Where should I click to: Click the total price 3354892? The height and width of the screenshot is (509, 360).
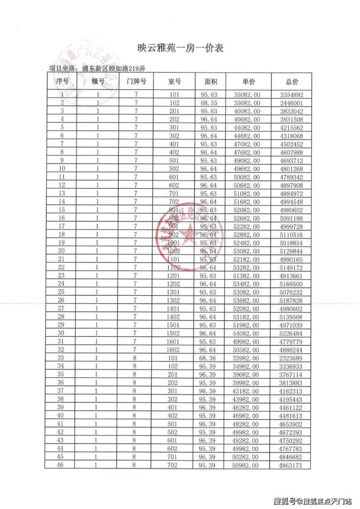coord(292,94)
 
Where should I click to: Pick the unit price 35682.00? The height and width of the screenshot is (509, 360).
coord(249,103)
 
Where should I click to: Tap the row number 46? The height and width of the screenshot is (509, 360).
coord(61,465)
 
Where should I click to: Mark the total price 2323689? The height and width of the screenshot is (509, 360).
coord(292,358)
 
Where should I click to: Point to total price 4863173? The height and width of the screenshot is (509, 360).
coord(292,465)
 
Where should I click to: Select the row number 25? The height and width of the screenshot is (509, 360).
coord(61,292)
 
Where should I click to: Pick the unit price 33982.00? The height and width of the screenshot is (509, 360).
coord(249,358)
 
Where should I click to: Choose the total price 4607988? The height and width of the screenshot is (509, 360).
coord(292,152)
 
